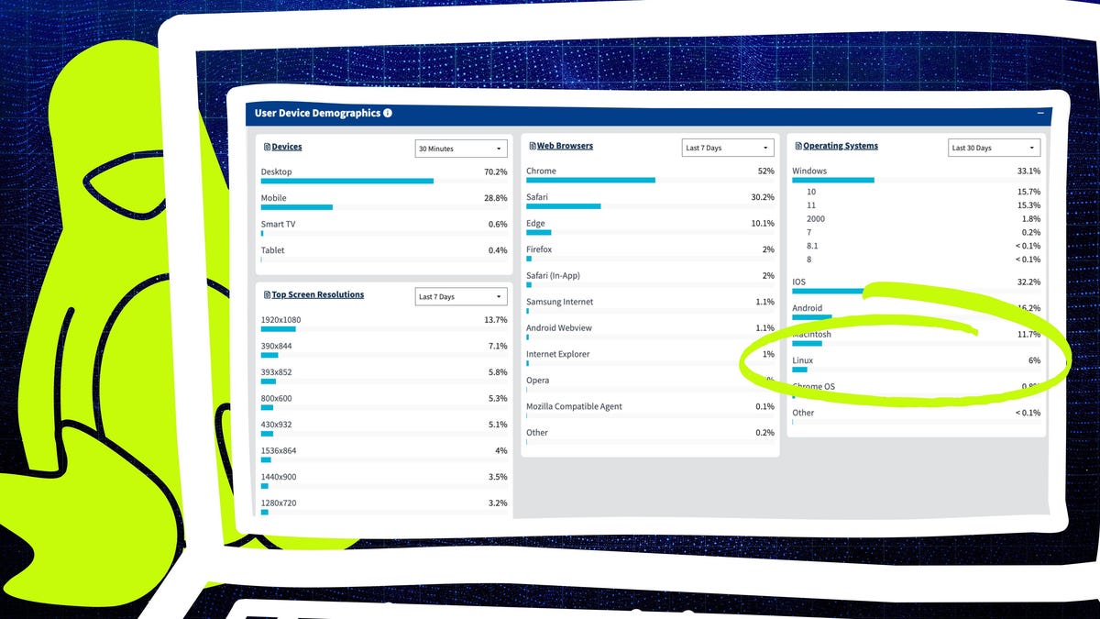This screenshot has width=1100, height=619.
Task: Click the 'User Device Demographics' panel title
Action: [317, 114]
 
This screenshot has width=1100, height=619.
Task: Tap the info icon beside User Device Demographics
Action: [388, 114]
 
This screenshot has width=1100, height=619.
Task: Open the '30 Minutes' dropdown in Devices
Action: [461, 149]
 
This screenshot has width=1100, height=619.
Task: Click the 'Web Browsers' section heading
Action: [565, 146]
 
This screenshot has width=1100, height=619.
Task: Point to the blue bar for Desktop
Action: [346, 181]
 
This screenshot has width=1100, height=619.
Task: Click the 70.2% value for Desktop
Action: [495, 171]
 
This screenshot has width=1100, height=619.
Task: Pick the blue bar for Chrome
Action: [590, 180]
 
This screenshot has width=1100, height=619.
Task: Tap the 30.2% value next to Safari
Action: [763, 197]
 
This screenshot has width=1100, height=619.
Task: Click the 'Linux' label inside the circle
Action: [803, 360]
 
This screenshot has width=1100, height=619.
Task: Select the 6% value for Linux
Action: [1034, 361]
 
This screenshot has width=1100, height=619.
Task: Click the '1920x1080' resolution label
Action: [280, 320]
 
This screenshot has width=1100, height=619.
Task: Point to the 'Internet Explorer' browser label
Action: [557, 354]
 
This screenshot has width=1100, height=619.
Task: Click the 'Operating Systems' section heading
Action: [841, 146]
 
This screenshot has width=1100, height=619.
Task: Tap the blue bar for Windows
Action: [832, 180]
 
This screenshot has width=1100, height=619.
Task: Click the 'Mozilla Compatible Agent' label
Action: [573, 406]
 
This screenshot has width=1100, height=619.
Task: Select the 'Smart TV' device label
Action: [278, 224]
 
